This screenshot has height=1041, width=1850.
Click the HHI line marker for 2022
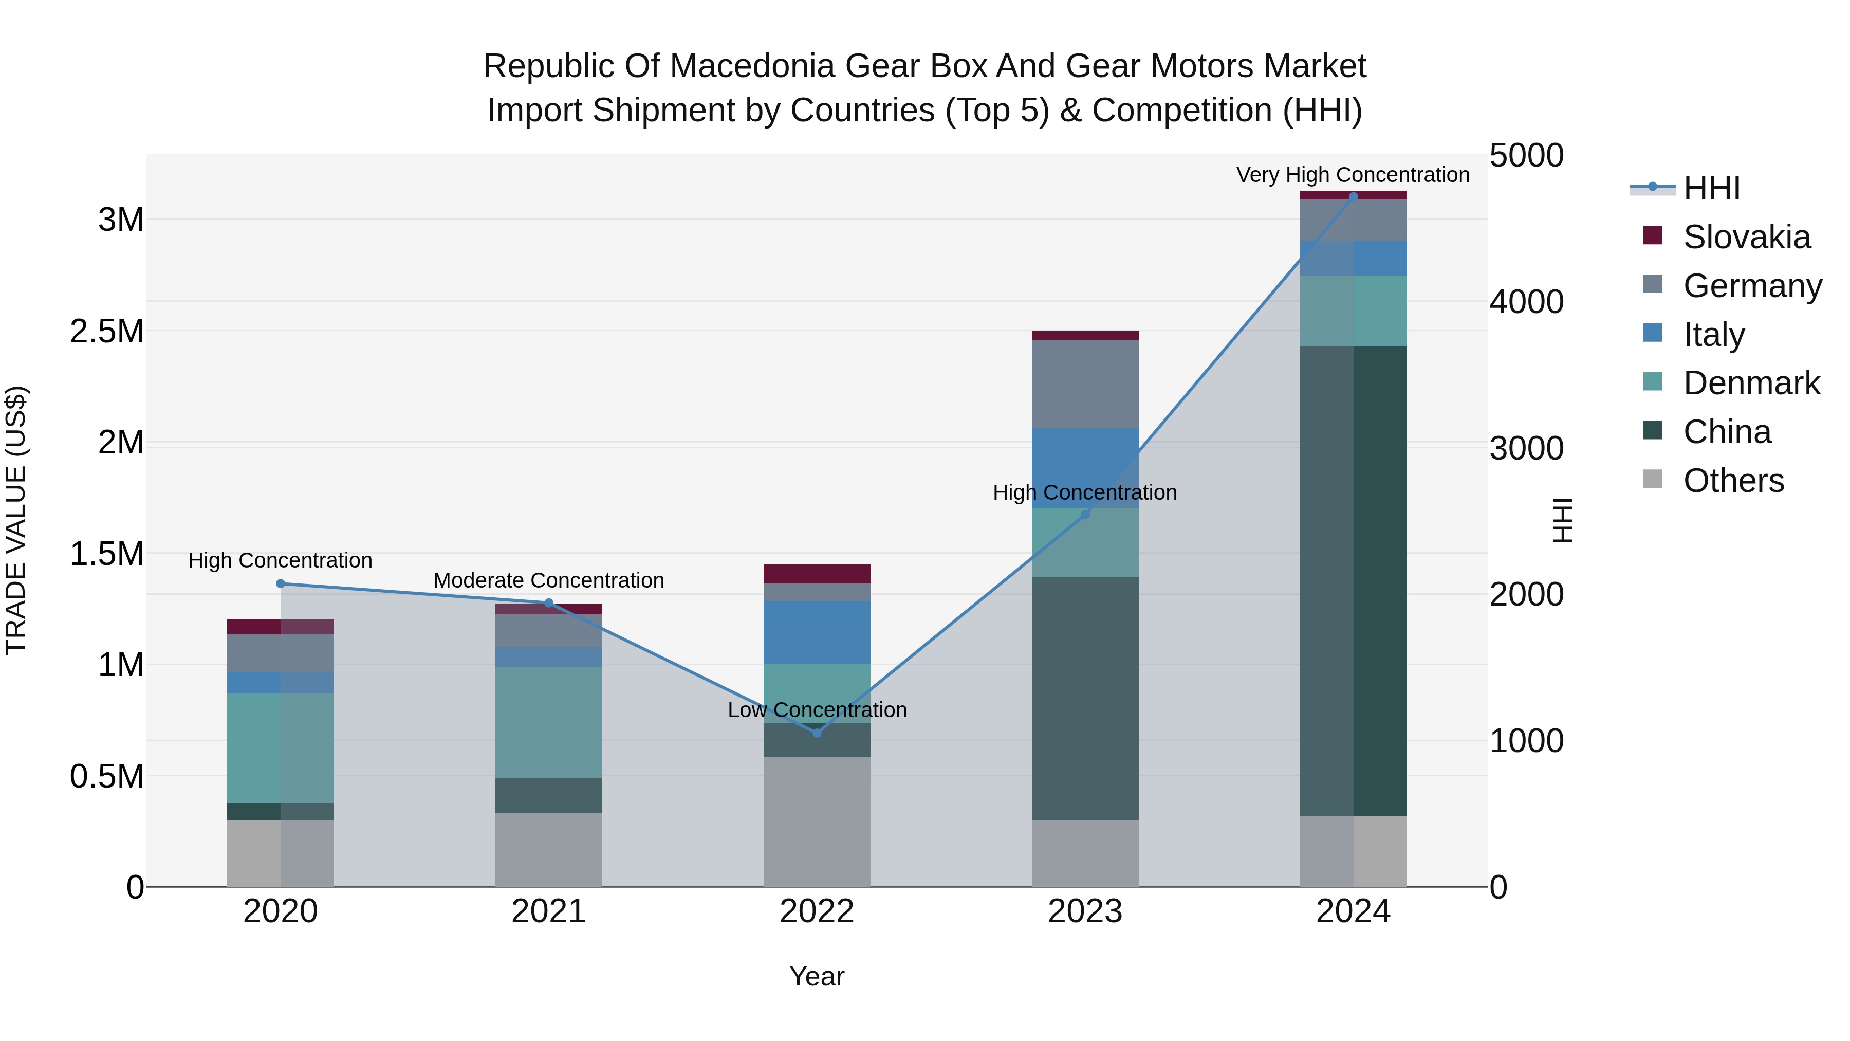coord(817,733)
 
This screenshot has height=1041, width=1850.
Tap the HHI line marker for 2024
coord(1353,196)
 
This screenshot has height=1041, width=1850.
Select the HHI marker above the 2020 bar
coord(281,583)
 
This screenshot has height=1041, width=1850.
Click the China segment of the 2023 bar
coord(1084,698)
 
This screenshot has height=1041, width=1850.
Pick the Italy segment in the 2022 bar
coord(817,632)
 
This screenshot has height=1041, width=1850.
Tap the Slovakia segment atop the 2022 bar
coord(817,573)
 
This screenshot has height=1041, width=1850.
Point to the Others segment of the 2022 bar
coord(817,821)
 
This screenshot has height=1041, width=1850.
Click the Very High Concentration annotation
coord(1353,175)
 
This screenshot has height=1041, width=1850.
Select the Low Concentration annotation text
coord(817,710)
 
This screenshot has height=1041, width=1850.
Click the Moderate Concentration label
coord(549,580)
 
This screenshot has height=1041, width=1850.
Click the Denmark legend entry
coord(1751,383)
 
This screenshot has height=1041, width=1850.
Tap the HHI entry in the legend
coord(1711,188)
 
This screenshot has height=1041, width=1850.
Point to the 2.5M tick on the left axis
coord(106,331)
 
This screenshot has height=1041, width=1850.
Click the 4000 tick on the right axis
coord(1526,302)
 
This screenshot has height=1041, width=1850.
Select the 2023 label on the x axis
coord(1084,911)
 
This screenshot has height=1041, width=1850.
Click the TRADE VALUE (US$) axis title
coord(16,520)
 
